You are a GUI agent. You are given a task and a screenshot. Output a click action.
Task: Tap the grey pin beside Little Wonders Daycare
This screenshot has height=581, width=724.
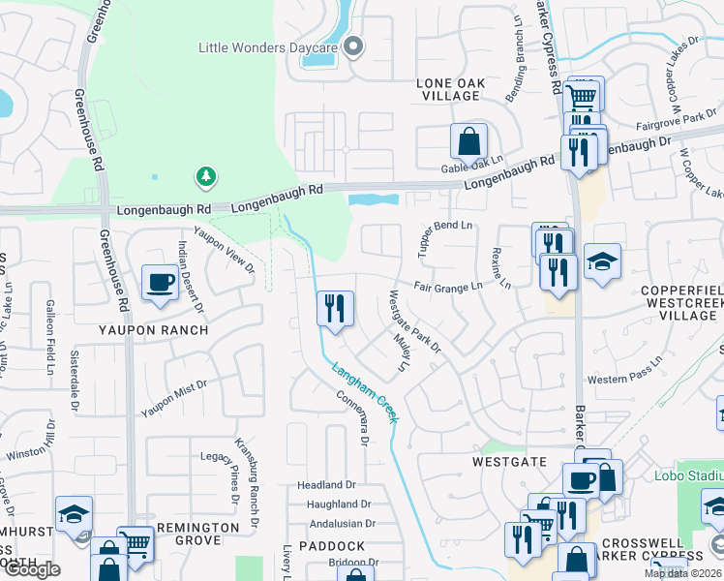(x=353, y=46)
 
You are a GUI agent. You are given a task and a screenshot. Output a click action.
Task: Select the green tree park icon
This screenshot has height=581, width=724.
(x=205, y=175)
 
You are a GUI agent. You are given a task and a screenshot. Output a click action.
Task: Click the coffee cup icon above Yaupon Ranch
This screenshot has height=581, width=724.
(x=160, y=283)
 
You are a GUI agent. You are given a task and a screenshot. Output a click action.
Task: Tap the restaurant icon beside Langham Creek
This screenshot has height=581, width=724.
(x=332, y=309)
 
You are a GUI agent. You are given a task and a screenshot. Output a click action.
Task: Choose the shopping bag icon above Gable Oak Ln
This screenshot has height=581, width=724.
(x=468, y=141)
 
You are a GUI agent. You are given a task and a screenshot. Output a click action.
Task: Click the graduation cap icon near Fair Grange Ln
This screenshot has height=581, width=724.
(x=602, y=261)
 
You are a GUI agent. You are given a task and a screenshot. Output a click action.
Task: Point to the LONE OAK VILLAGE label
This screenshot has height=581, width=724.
(x=449, y=89)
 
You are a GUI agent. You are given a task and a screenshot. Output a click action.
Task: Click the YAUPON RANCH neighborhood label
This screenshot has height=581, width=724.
(x=153, y=330)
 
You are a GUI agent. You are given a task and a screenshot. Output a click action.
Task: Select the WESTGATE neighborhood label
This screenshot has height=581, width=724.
(x=510, y=462)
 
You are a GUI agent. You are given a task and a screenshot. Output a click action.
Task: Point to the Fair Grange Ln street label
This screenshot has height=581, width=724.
(x=447, y=287)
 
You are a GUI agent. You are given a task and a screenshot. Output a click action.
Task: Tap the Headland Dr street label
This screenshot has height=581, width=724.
(x=326, y=484)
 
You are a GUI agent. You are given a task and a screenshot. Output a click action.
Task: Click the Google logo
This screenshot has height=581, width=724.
(x=31, y=569)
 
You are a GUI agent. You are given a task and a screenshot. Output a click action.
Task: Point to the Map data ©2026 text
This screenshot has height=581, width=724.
(x=682, y=573)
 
